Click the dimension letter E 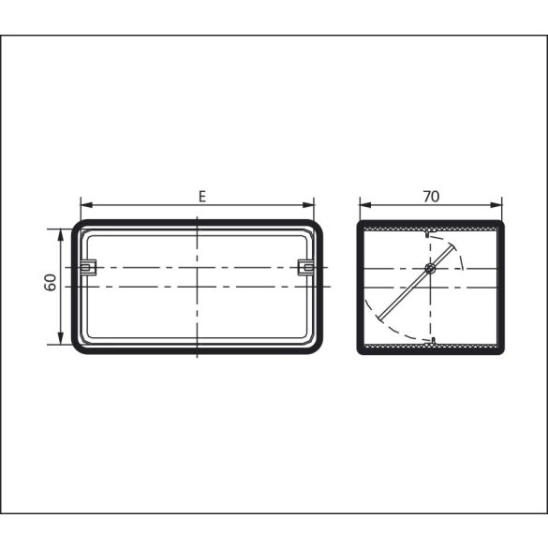(x=202, y=197)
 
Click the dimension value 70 (x=431, y=197)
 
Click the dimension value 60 (x=51, y=282)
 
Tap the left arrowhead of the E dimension (x=86, y=205)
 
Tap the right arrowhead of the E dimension (x=308, y=205)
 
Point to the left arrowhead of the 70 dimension (x=365, y=205)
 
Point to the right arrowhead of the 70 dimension (x=496, y=205)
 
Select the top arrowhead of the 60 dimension (x=61, y=235)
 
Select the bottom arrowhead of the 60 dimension (x=61, y=338)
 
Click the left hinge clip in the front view (x=88, y=267)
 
